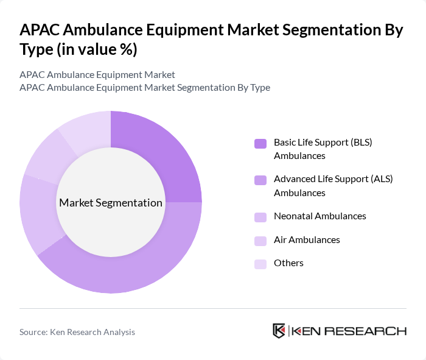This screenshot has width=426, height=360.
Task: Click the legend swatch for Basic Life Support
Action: point(260,144)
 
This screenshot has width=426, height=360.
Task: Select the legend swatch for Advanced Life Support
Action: point(260,180)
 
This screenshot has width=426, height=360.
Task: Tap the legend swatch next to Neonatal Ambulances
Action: point(260,217)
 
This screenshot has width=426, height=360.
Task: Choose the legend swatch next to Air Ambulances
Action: point(260,241)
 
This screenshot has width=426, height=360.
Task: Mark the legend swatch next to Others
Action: point(260,264)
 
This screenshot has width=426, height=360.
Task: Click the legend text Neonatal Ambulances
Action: point(319,216)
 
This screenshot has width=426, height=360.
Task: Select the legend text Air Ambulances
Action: point(307,240)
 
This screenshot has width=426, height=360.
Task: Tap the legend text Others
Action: point(288,263)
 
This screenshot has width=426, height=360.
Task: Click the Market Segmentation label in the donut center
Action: point(111,203)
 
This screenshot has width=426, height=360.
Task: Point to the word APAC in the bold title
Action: point(41,30)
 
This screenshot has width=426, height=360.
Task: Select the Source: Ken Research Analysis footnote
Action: point(77,332)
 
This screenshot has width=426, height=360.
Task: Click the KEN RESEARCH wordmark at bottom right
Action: point(348,331)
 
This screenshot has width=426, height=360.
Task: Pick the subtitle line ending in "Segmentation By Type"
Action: point(145,88)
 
